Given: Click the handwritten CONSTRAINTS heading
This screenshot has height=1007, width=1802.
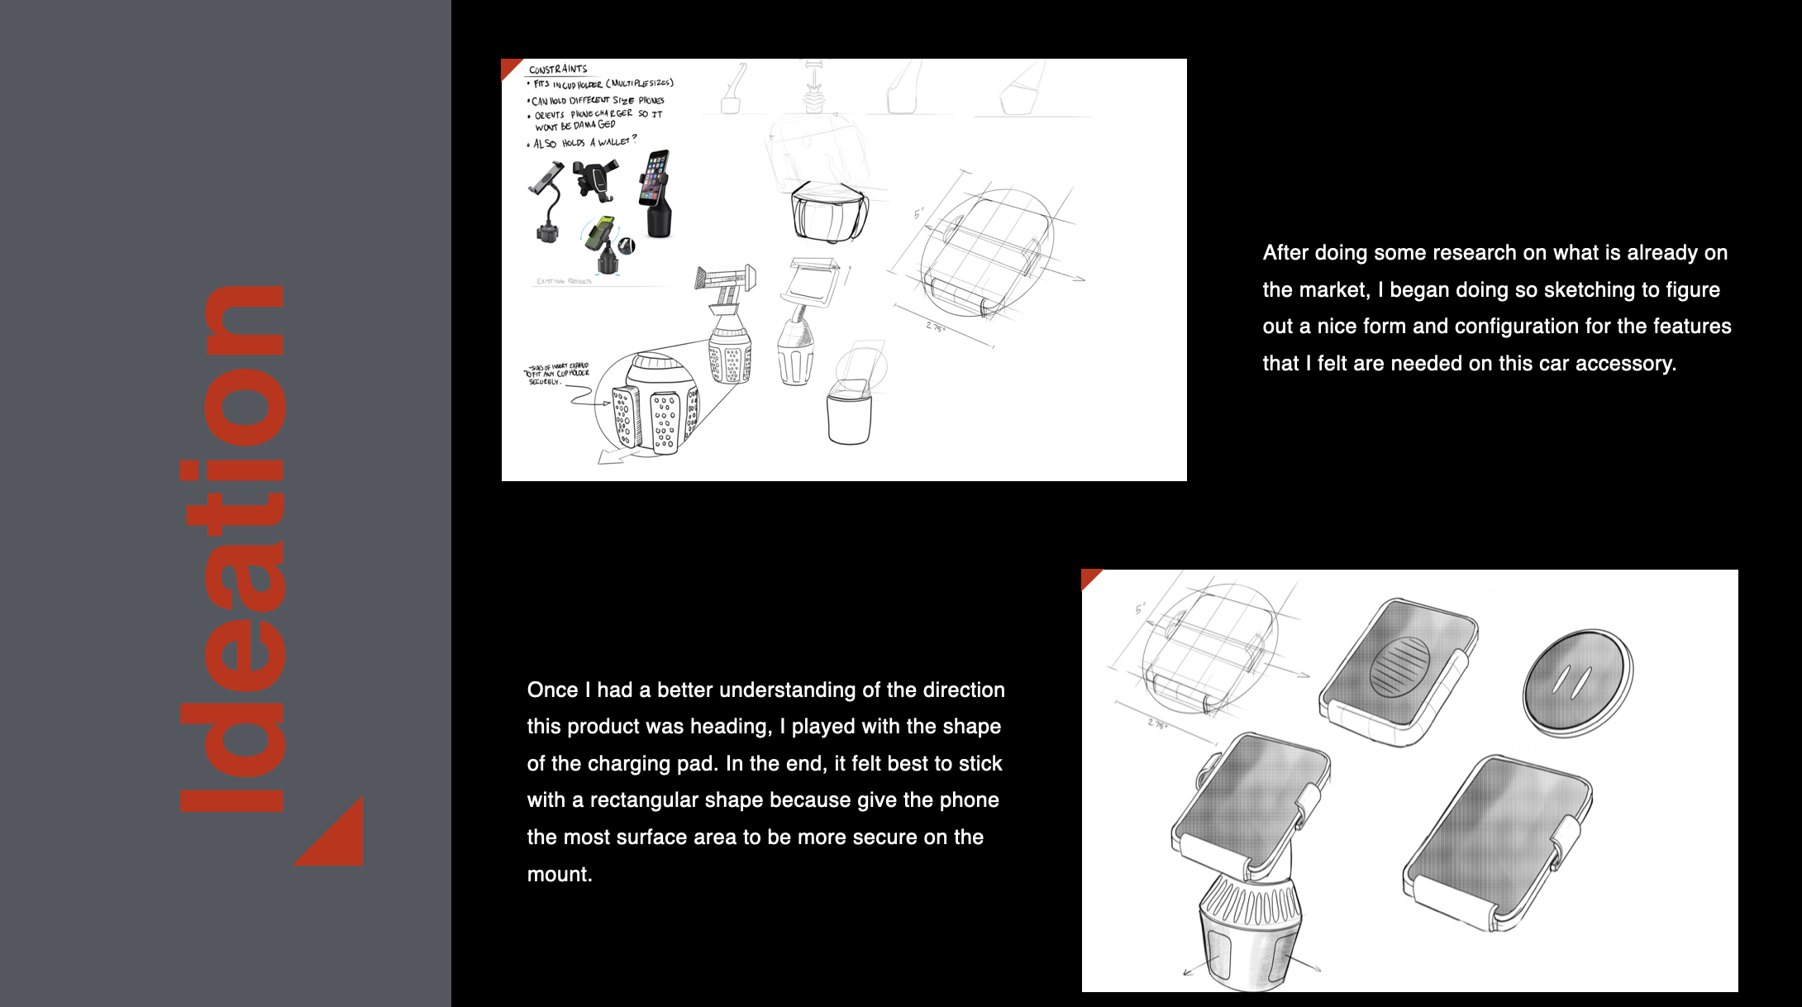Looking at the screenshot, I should [558, 69].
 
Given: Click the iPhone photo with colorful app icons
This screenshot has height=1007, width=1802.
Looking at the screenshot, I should [655, 177].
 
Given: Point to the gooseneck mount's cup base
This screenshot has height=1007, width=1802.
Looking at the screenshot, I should [546, 231].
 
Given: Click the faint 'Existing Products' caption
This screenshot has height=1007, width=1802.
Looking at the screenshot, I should [565, 281].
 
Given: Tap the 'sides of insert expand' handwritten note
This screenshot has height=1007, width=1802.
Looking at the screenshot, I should [558, 374].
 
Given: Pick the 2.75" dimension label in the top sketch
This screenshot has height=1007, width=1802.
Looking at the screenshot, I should [935, 327].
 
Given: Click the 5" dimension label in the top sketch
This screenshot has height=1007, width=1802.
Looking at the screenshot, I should [918, 214].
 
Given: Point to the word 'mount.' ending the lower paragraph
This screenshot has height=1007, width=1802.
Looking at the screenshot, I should [560, 874].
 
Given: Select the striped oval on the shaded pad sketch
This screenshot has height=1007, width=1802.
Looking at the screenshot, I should [1399, 666].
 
